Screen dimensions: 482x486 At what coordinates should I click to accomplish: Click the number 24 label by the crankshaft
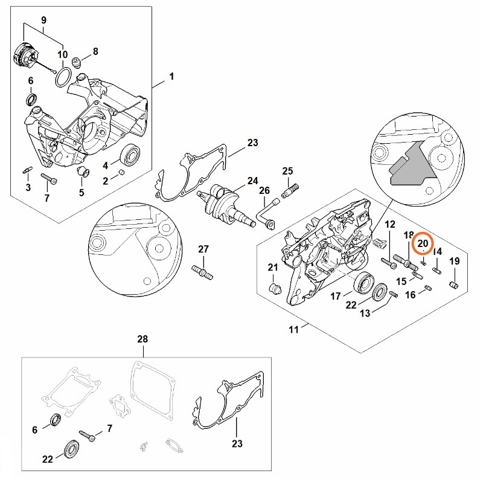[252, 181]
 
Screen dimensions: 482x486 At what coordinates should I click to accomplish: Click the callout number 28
[142, 339]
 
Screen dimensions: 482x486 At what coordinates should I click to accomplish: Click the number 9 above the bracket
[43, 21]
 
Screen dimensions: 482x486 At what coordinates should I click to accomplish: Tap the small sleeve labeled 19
[455, 284]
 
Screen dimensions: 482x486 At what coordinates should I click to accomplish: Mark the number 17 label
[336, 295]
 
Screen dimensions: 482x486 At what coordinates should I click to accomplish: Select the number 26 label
[264, 191]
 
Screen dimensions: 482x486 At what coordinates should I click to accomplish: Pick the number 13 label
[365, 313]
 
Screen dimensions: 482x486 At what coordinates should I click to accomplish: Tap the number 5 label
[82, 193]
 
